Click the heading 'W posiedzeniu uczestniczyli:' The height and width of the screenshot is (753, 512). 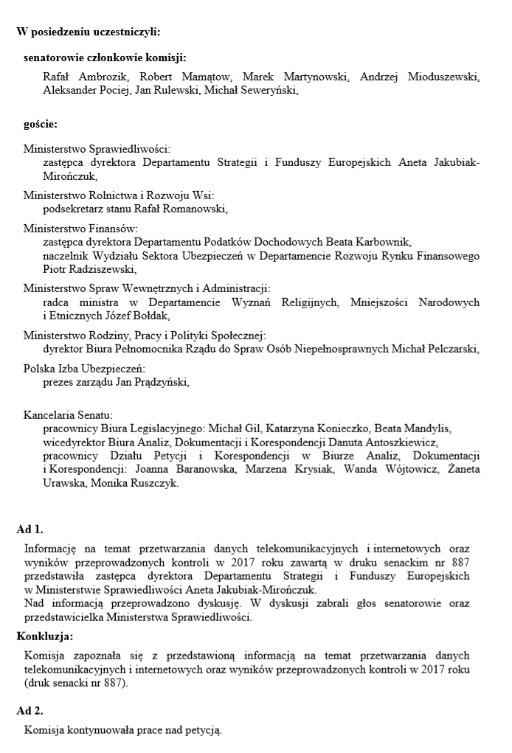(x=88, y=32)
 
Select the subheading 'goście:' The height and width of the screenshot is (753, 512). (x=41, y=124)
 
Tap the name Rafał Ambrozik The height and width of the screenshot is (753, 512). (x=76, y=77)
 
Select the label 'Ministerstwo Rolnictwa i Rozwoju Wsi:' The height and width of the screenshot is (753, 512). (x=119, y=195)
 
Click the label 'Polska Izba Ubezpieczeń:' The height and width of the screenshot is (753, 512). (x=84, y=369)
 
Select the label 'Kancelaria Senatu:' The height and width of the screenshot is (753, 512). (x=68, y=416)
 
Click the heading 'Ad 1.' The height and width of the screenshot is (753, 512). (x=30, y=529)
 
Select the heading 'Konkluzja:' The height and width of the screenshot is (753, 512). (x=44, y=636)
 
